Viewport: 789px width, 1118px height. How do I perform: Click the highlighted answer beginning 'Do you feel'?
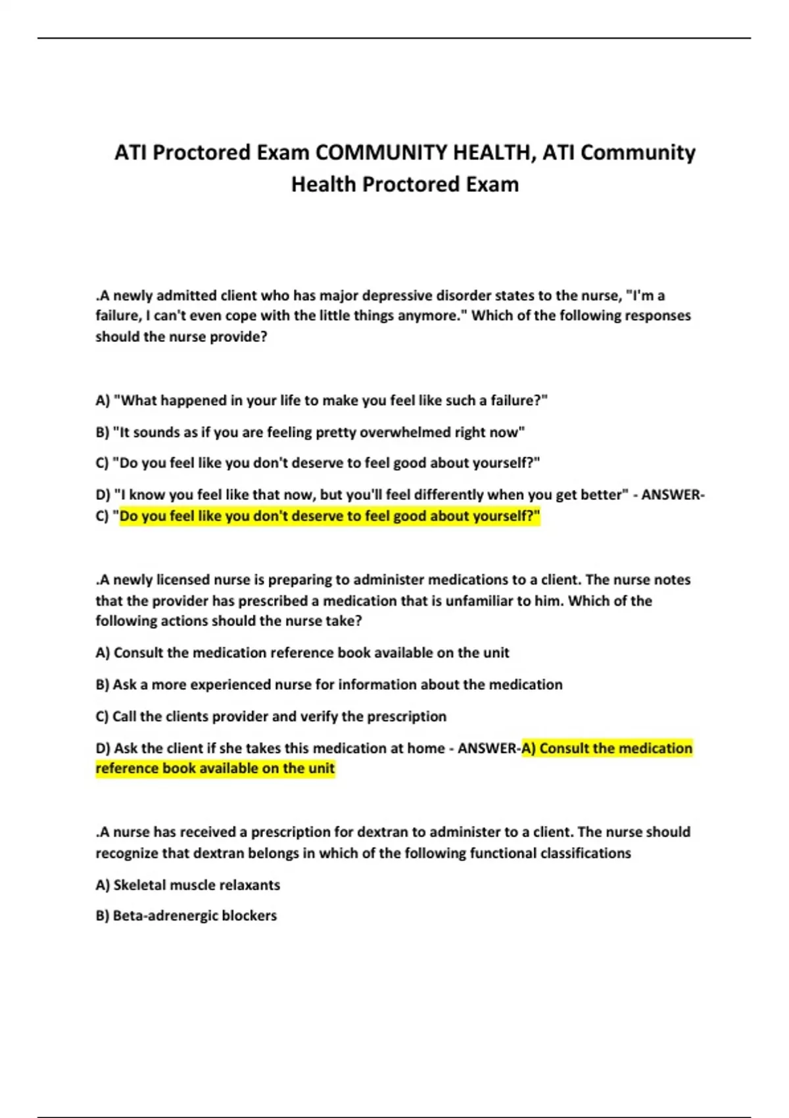pos(329,516)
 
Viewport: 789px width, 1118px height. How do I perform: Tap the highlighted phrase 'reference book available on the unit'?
pos(215,768)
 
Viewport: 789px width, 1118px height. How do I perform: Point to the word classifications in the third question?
pos(585,853)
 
